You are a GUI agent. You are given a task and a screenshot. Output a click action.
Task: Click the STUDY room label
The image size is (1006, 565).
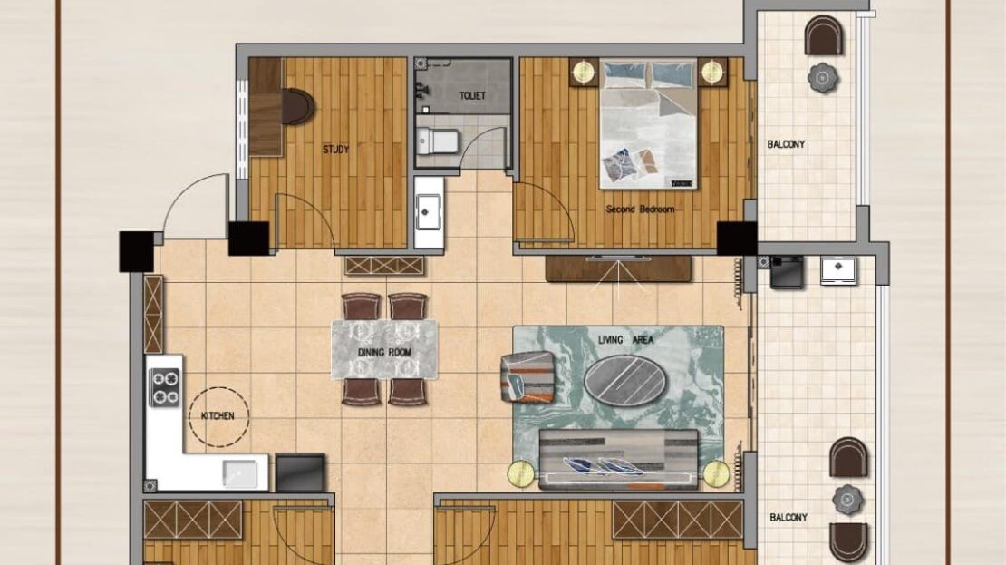click(335, 150)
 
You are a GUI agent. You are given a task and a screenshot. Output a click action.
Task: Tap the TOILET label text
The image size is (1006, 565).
click(472, 95)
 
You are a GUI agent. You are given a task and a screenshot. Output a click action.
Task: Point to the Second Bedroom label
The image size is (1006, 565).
click(640, 209)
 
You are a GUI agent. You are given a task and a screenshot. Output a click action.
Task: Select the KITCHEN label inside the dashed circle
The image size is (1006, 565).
click(218, 416)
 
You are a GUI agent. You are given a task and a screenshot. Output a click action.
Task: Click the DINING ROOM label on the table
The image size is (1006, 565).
click(384, 353)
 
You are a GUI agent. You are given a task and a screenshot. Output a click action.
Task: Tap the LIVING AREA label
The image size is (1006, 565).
click(625, 340)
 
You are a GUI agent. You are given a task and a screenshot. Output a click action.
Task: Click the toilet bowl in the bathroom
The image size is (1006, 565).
click(437, 141)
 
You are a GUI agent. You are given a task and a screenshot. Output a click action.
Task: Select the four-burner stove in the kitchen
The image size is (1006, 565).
click(165, 388)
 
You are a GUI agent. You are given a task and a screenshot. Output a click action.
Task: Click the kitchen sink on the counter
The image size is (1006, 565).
click(240, 473)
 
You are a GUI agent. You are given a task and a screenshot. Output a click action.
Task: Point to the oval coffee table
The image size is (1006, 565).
click(625, 379)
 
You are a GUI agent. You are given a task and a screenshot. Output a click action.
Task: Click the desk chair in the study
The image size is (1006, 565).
click(297, 107)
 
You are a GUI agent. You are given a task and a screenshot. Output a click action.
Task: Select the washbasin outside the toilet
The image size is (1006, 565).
click(429, 212)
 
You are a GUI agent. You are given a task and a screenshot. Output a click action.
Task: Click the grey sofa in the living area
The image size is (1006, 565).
click(618, 461)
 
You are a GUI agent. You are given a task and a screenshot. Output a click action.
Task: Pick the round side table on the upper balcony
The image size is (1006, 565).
click(823, 78)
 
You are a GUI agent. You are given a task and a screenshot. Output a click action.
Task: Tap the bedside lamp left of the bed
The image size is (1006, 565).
click(583, 72)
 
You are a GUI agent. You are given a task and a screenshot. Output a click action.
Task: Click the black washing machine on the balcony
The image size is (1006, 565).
click(788, 271)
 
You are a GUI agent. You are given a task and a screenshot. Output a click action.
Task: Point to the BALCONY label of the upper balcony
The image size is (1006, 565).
click(786, 144)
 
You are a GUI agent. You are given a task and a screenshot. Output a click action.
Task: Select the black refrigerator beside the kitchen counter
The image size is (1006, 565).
click(300, 473)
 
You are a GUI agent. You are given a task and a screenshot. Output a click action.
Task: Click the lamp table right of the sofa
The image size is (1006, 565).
click(717, 474)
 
